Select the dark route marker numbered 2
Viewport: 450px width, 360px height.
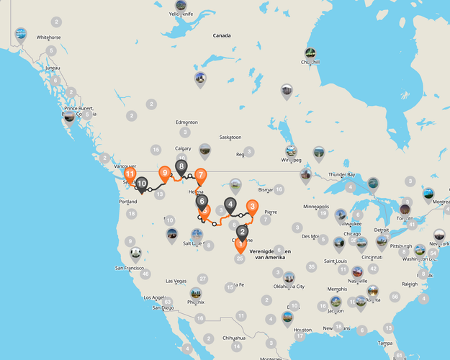[x=243, y=232]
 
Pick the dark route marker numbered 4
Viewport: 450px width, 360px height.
[x=230, y=204]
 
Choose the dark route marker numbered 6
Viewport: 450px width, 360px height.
[x=202, y=202]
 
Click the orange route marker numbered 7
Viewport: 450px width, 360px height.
[x=200, y=175]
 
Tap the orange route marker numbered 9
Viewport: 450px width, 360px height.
[x=165, y=173]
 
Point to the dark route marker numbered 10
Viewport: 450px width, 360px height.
[x=142, y=184]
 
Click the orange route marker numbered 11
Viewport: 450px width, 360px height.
[x=130, y=175]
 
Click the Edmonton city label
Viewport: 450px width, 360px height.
[x=186, y=122]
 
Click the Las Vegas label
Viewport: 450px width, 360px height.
[x=176, y=281]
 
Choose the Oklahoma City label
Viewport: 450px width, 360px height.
[x=287, y=286]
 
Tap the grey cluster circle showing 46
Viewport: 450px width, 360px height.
[x=145, y=274]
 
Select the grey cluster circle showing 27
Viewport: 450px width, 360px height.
[x=202, y=279]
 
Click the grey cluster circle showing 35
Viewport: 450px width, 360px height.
[x=311, y=266]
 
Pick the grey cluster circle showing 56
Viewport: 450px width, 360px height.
[x=395, y=296]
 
